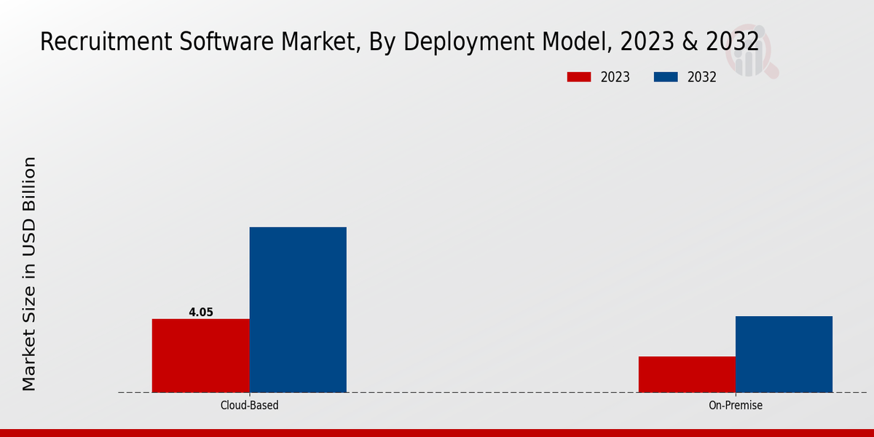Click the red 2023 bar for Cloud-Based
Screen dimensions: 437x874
coord(200,355)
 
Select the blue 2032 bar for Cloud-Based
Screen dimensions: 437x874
coord(298,310)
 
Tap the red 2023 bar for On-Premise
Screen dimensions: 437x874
coord(687,374)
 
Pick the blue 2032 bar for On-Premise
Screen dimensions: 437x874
coord(784,354)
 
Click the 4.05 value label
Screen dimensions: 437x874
coord(201,312)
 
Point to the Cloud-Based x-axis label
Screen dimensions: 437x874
coord(249,406)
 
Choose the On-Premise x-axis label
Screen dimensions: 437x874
coord(736,406)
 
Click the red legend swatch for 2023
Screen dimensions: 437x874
coord(580,77)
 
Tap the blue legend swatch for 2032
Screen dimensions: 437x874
coord(667,77)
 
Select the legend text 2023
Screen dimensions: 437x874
coord(615,77)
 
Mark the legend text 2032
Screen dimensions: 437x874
coord(702,77)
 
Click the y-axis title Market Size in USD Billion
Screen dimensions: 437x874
coord(29,273)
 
